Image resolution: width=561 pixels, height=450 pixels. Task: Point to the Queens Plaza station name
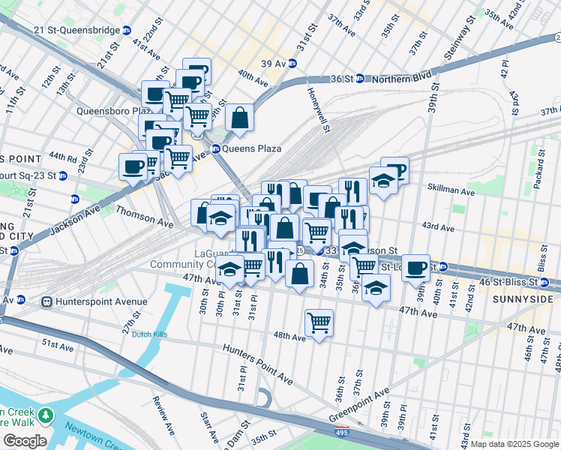tap(252, 148)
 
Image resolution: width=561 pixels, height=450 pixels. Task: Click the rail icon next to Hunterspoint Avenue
tap(46, 302)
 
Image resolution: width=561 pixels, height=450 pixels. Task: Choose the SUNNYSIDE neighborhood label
tap(522, 298)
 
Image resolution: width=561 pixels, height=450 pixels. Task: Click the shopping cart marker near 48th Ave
tap(319, 323)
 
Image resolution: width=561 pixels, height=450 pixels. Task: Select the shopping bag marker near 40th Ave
tap(239, 117)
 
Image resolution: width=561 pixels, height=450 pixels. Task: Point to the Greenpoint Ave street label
tap(359, 404)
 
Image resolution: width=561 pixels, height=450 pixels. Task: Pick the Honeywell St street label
tap(319, 109)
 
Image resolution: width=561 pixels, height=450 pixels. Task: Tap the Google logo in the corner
tap(25, 441)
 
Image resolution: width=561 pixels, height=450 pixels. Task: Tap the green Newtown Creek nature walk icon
tap(46, 415)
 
